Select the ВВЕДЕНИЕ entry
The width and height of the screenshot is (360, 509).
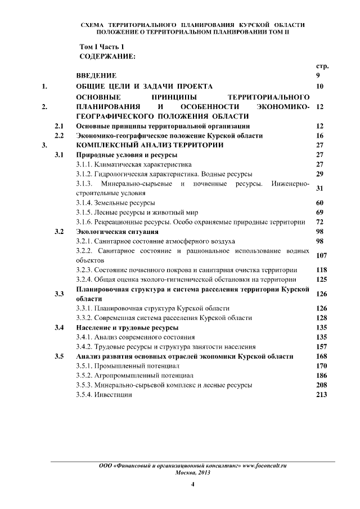pos(96,75)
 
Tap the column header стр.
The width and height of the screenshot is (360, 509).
pos(322,66)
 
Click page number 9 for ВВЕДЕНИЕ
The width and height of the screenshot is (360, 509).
pos(319,75)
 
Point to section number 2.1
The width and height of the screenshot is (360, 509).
pos(58,126)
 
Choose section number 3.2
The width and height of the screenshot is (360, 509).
pos(58,231)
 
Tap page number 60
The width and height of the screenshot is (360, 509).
pos(321,202)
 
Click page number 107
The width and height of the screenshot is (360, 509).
pos(322,255)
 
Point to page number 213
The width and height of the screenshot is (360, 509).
pos(322,395)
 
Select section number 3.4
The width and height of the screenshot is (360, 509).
pos(58,328)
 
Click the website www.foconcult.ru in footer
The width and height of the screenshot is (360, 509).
pos(264,466)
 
